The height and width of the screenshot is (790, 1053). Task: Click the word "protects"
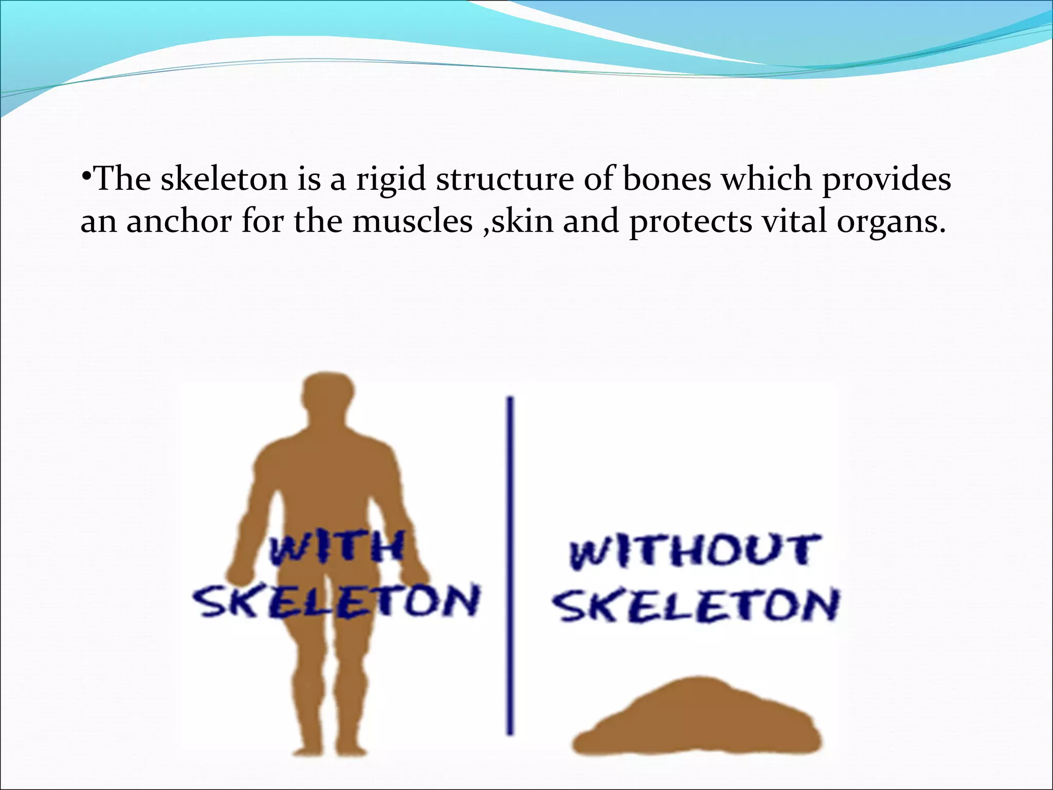[x=691, y=222]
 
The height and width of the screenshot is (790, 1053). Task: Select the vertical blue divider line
[x=510, y=566]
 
